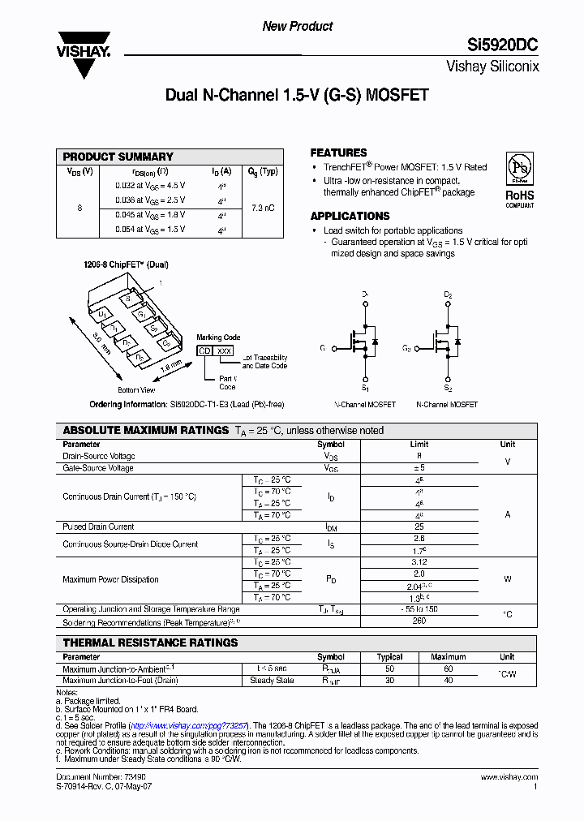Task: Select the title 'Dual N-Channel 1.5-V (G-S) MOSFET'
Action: [297, 95]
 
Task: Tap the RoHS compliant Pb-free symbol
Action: [519, 165]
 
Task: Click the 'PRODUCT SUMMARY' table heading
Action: [118, 157]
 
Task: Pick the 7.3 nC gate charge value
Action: [263, 208]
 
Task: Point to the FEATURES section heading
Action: [338, 153]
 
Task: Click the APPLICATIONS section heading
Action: [350, 216]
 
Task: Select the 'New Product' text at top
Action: [297, 27]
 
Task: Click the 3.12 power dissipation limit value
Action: [419, 561]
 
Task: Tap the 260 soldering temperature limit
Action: [419, 621]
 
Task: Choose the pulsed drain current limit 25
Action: [419, 527]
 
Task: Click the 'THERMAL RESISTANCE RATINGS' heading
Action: [150, 643]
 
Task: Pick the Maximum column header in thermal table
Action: [448, 657]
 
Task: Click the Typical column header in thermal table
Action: [389, 657]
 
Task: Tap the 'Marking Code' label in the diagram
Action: [218, 337]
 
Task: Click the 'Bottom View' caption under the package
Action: [137, 390]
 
